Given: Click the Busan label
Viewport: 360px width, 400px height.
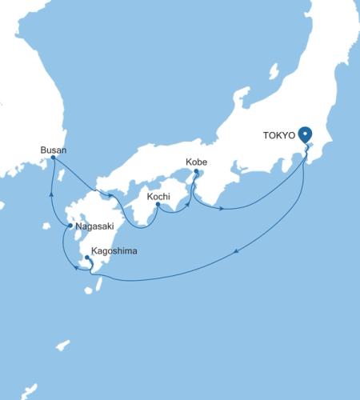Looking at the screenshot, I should click(x=54, y=149).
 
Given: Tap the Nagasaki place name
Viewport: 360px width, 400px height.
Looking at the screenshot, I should click(x=98, y=227).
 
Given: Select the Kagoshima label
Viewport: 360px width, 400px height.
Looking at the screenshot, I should click(x=114, y=251).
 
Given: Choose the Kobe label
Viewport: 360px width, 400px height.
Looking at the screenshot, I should click(x=196, y=162).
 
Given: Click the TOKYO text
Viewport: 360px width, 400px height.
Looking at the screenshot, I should click(x=279, y=135).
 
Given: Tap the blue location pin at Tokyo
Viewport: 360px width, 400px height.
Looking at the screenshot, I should click(x=306, y=135).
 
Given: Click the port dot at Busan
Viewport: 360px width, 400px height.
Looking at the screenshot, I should click(x=53, y=158).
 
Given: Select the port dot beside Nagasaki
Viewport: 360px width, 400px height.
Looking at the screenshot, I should click(x=72, y=226).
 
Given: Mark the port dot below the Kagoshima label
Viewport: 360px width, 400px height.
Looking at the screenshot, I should click(x=86, y=258).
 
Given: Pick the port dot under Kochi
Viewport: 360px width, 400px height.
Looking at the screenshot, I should click(x=158, y=204).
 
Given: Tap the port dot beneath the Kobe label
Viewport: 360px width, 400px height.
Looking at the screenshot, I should click(x=196, y=170).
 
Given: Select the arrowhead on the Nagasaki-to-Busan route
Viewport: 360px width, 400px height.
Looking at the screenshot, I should click(x=52, y=193).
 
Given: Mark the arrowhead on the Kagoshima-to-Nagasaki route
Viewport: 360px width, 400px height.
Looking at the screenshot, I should click(x=76, y=268).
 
